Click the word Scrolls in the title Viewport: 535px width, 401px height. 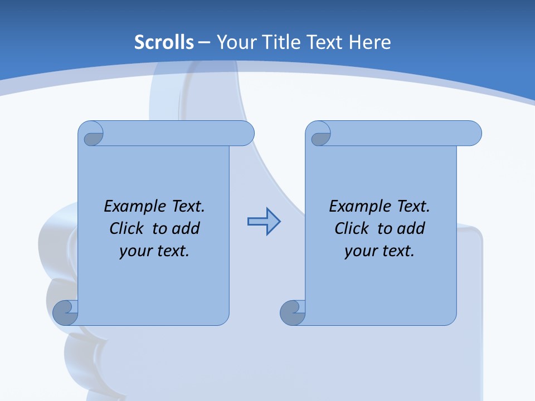(x=164, y=42)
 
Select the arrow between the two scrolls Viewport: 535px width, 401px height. (x=264, y=222)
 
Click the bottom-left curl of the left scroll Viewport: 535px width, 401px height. (x=65, y=312)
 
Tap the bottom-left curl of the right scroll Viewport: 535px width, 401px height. (x=293, y=312)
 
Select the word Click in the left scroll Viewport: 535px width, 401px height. (x=127, y=228)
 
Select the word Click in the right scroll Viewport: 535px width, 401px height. (x=352, y=228)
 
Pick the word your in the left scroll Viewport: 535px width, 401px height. (x=136, y=251)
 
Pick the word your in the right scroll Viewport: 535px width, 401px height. (x=361, y=251)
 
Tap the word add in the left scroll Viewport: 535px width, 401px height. (x=186, y=228)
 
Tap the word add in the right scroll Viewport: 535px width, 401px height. (x=411, y=228)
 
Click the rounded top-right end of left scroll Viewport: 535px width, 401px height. (x=244, y=134)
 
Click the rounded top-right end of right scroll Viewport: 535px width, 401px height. (x=471, y=134)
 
